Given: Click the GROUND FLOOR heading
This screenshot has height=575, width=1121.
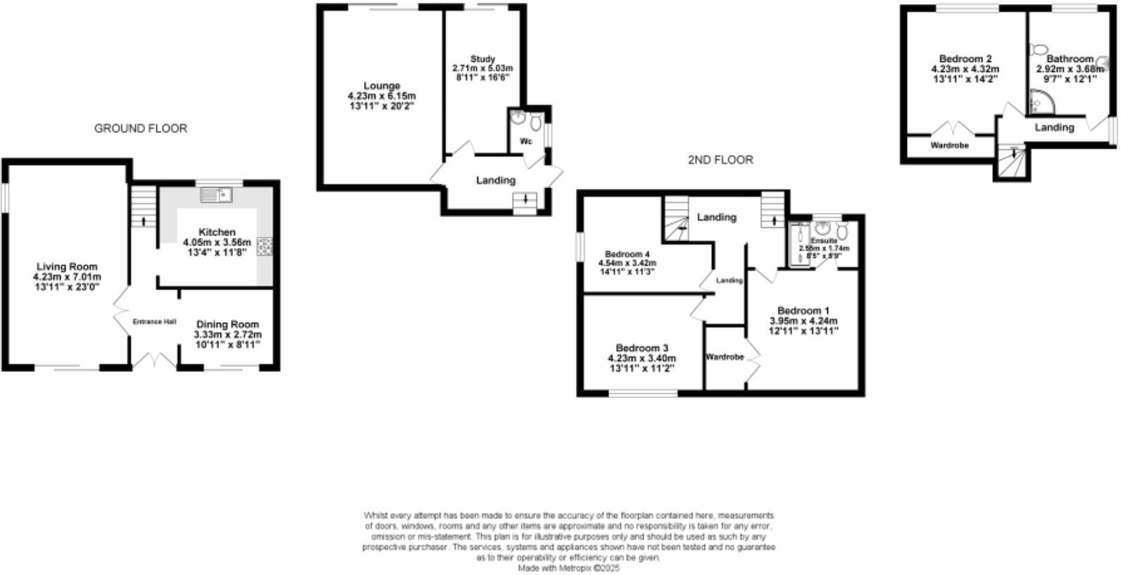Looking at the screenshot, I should [x=141, y=128].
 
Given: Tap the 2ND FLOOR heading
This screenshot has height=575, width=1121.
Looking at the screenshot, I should [x=720, y=160].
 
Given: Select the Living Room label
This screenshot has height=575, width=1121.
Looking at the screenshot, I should [x=67, y=266].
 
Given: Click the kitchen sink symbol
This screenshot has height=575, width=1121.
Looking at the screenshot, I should [x=217, y=194].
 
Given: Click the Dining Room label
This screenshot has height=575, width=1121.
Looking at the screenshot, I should [x=227, y=324].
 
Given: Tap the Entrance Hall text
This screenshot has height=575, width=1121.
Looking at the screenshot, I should [x=154, y=322].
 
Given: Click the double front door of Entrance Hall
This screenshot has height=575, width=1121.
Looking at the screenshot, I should [x=155, y=361].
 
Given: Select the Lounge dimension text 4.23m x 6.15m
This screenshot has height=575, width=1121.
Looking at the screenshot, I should [x=382, y=96].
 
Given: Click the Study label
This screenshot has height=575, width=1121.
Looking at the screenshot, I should [x=482, y=58].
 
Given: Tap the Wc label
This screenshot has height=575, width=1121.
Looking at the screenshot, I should [x=526, y=142].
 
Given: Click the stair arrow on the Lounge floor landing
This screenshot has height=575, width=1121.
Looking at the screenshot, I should [x=524, y=201].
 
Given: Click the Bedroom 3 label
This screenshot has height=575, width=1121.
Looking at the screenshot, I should [x=641, y=348].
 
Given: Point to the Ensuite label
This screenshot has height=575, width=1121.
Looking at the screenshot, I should [x=823, y=241].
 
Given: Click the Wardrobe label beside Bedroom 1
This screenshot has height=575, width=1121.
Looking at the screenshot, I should [x=725, y=357].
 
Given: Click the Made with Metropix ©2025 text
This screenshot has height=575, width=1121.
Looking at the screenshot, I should [x=569, y=567].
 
